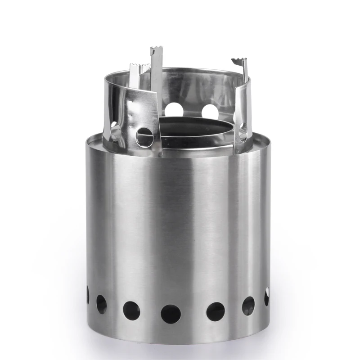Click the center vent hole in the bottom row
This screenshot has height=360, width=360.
(x=171, y=313)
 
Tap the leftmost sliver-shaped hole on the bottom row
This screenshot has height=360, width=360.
(x=87, y=295)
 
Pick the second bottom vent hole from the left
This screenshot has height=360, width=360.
(x=102, y=304)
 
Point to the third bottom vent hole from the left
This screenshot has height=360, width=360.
(x=131, y=310)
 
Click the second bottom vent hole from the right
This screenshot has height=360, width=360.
(x=248, y=306)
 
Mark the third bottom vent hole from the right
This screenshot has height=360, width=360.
(x=216, y=311)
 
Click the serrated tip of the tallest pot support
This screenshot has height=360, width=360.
(x=156, y=50)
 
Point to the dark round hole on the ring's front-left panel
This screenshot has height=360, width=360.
(x=144, y=135)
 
